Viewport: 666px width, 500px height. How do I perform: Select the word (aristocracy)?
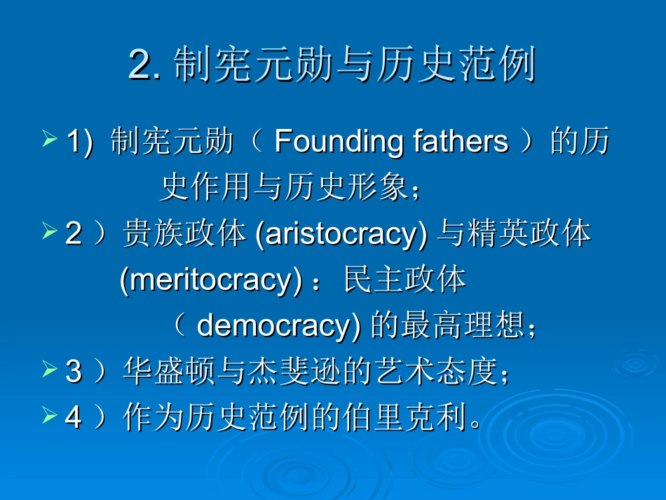[x=341, y=234]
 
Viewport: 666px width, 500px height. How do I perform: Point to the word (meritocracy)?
[x=205, y=280]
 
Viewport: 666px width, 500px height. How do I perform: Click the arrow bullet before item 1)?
[x=50, y=140]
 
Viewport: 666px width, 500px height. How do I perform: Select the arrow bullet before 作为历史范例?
[x=50, y=415]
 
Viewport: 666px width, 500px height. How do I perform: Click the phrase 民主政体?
[x=405, y=280]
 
